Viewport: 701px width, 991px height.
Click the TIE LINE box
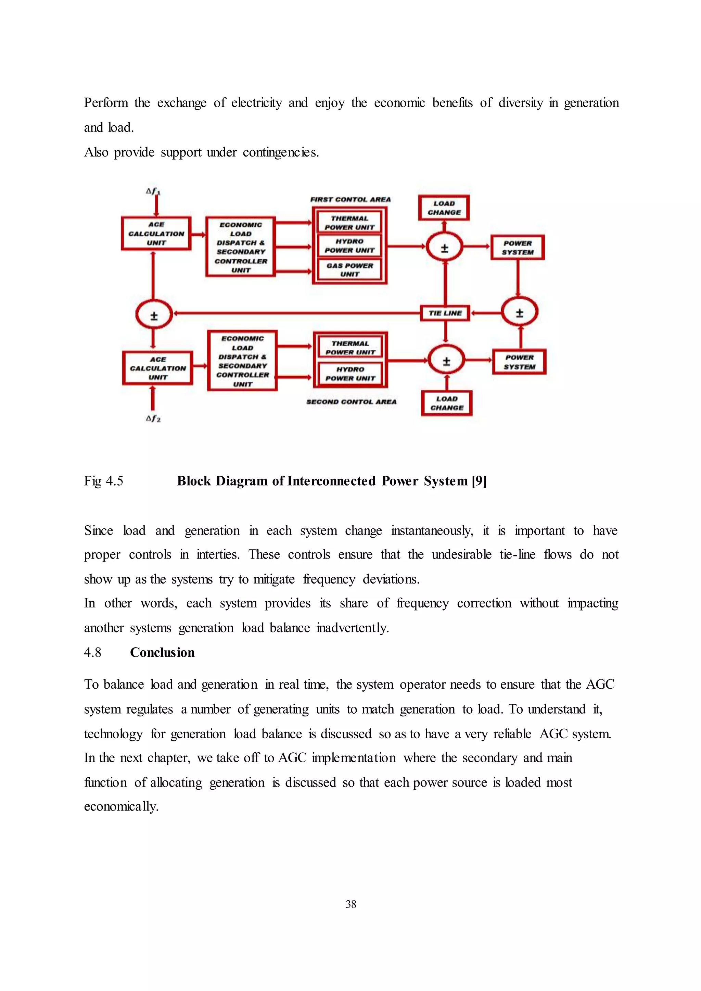pyautogui.click(x=445, y=313)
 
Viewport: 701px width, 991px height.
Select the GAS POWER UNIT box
pyautogui.click(x=349, y=270)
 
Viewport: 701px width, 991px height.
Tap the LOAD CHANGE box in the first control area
pyautogui.click(x=444, y=208)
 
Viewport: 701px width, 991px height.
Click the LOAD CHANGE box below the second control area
pyautogui.click(x=446, y=403)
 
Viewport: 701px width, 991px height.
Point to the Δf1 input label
pyautogui.click(x=153, y=191)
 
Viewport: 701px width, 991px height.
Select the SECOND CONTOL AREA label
pyautogui.click(x=351, y=402)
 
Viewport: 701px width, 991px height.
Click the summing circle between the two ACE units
pyautogui.click(x=154, y=314)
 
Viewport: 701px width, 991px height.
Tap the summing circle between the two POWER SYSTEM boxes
pyautogui.click(x=519, y=312)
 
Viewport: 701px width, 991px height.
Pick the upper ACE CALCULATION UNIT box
pyautogui.click(x=156, y=234)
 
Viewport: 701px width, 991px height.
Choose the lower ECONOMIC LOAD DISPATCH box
pyautogui.click(x=242, y=361)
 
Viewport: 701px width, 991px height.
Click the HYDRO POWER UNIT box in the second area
pyautogui.click(x=350, y=374)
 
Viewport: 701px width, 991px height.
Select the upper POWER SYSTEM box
pyautogui.click(x=518, y=248)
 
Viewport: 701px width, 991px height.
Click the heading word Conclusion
pyautogui.click(x=162, y=652)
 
